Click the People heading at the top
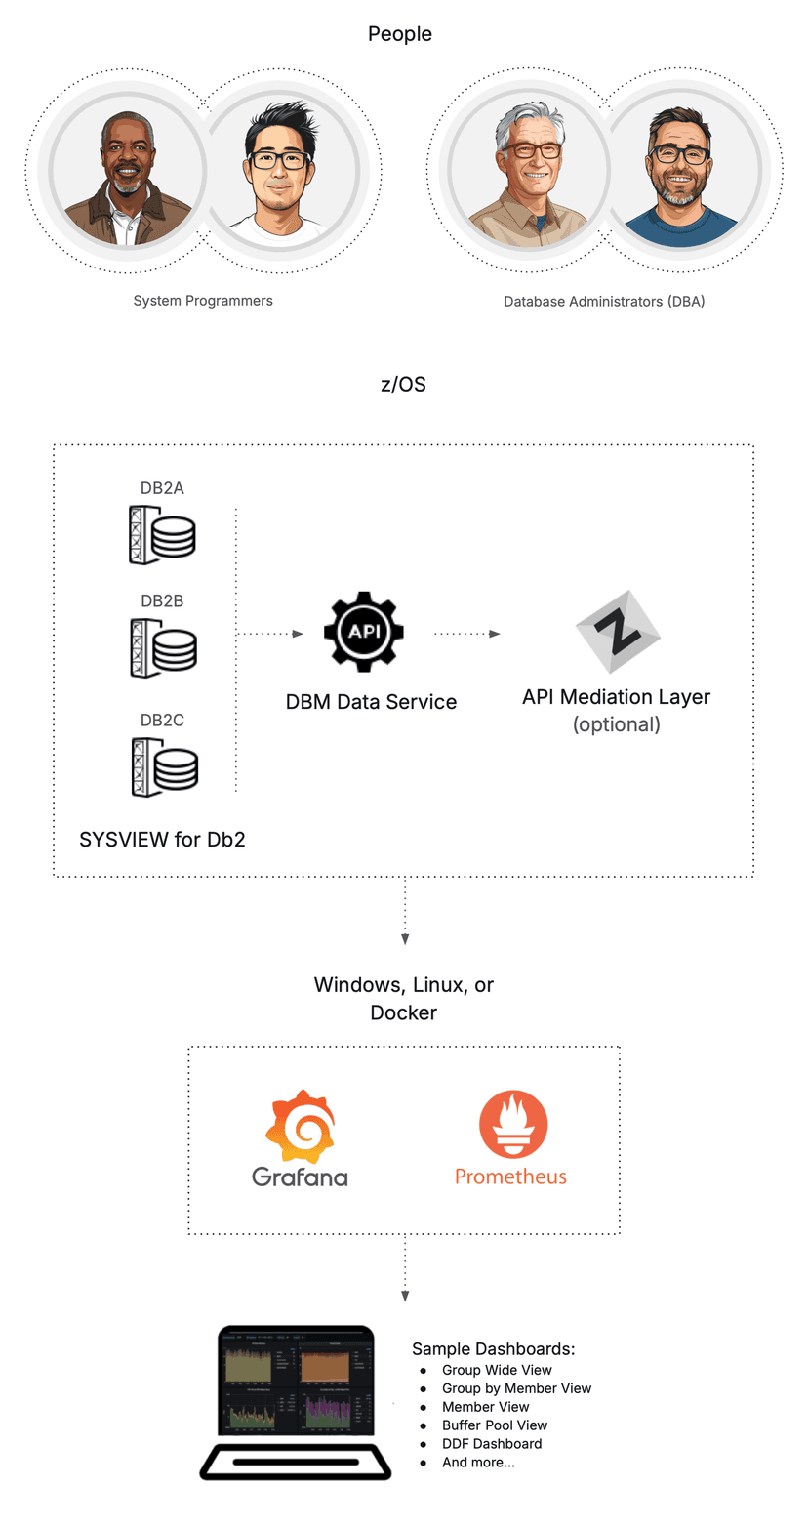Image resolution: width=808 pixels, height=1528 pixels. [x=399, y=34]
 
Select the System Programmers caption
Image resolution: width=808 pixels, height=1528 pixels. [x=203, y=301]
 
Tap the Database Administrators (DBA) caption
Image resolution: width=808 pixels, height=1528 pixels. [x=603, y=302]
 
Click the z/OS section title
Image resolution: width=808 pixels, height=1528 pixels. [x=403, y=385]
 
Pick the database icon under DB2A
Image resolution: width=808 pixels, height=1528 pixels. [x=162, y=534]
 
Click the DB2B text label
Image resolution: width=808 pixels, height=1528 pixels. [x=162, y=600]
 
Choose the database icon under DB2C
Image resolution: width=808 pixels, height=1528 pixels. [x=162, y=767]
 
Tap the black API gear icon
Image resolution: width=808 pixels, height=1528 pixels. [x=365, y=633]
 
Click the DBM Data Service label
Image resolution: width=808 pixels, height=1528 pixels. [x=371, y=701]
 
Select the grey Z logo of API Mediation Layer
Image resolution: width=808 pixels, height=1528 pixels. [x=617, y=632]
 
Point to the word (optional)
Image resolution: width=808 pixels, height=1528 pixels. [x=616, y=724]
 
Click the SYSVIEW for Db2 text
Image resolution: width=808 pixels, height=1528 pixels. [x=162, y=839]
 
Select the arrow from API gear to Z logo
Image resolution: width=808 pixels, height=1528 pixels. [x=466, y=634]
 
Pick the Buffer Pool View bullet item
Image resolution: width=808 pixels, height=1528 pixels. [x=494, y=1425]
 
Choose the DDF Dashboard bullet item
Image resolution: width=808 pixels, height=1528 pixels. [x=491, y=1443]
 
